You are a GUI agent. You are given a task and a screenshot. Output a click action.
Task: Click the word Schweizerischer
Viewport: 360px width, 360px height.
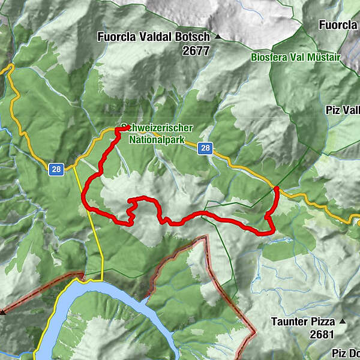coord(157,128)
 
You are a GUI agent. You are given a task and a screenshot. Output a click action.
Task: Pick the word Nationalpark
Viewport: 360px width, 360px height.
coord(157,139)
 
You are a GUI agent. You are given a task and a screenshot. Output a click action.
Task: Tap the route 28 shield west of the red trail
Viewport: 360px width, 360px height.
coord(56,170)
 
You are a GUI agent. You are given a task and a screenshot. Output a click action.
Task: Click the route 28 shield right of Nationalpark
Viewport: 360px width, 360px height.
coord(206,148)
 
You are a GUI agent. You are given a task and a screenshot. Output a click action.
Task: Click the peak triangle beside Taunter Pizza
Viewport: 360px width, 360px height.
coord(343,322)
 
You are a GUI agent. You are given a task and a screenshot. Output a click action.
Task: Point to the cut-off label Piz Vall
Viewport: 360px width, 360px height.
coord(343,110)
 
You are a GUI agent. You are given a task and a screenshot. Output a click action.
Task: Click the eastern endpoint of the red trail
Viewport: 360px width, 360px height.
coord(276,189)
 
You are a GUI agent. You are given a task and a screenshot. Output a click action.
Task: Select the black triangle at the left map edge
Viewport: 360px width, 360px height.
coord(3,312)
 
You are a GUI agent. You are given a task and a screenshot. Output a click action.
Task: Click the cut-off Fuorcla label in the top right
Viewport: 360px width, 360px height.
coord(339,25)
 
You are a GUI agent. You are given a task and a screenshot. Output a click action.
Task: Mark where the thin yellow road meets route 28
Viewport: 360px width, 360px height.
coord(74,167)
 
